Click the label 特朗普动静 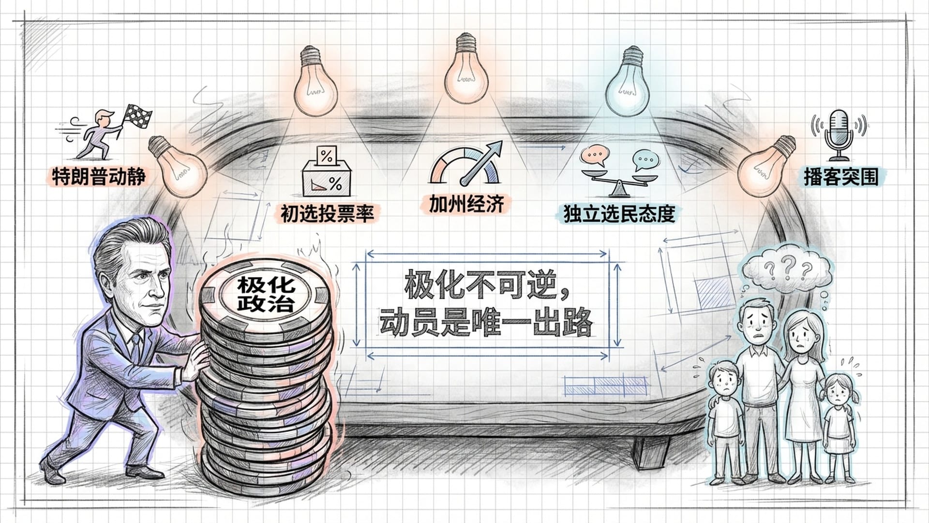click(x=98, y=176)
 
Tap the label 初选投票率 click(x=328, y=213)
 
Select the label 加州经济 click(x=466, y=204)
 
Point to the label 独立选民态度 click(x=619, y=214)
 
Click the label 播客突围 click(x=841, y=177)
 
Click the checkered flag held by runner click(x=137, y=117)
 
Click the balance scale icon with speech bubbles click(x=619, y=172)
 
